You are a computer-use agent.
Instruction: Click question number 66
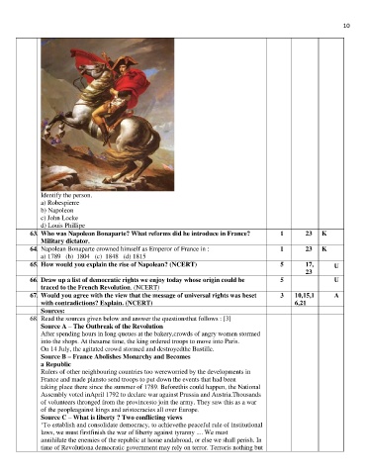[34, 282]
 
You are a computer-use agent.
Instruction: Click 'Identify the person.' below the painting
[71, 196]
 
